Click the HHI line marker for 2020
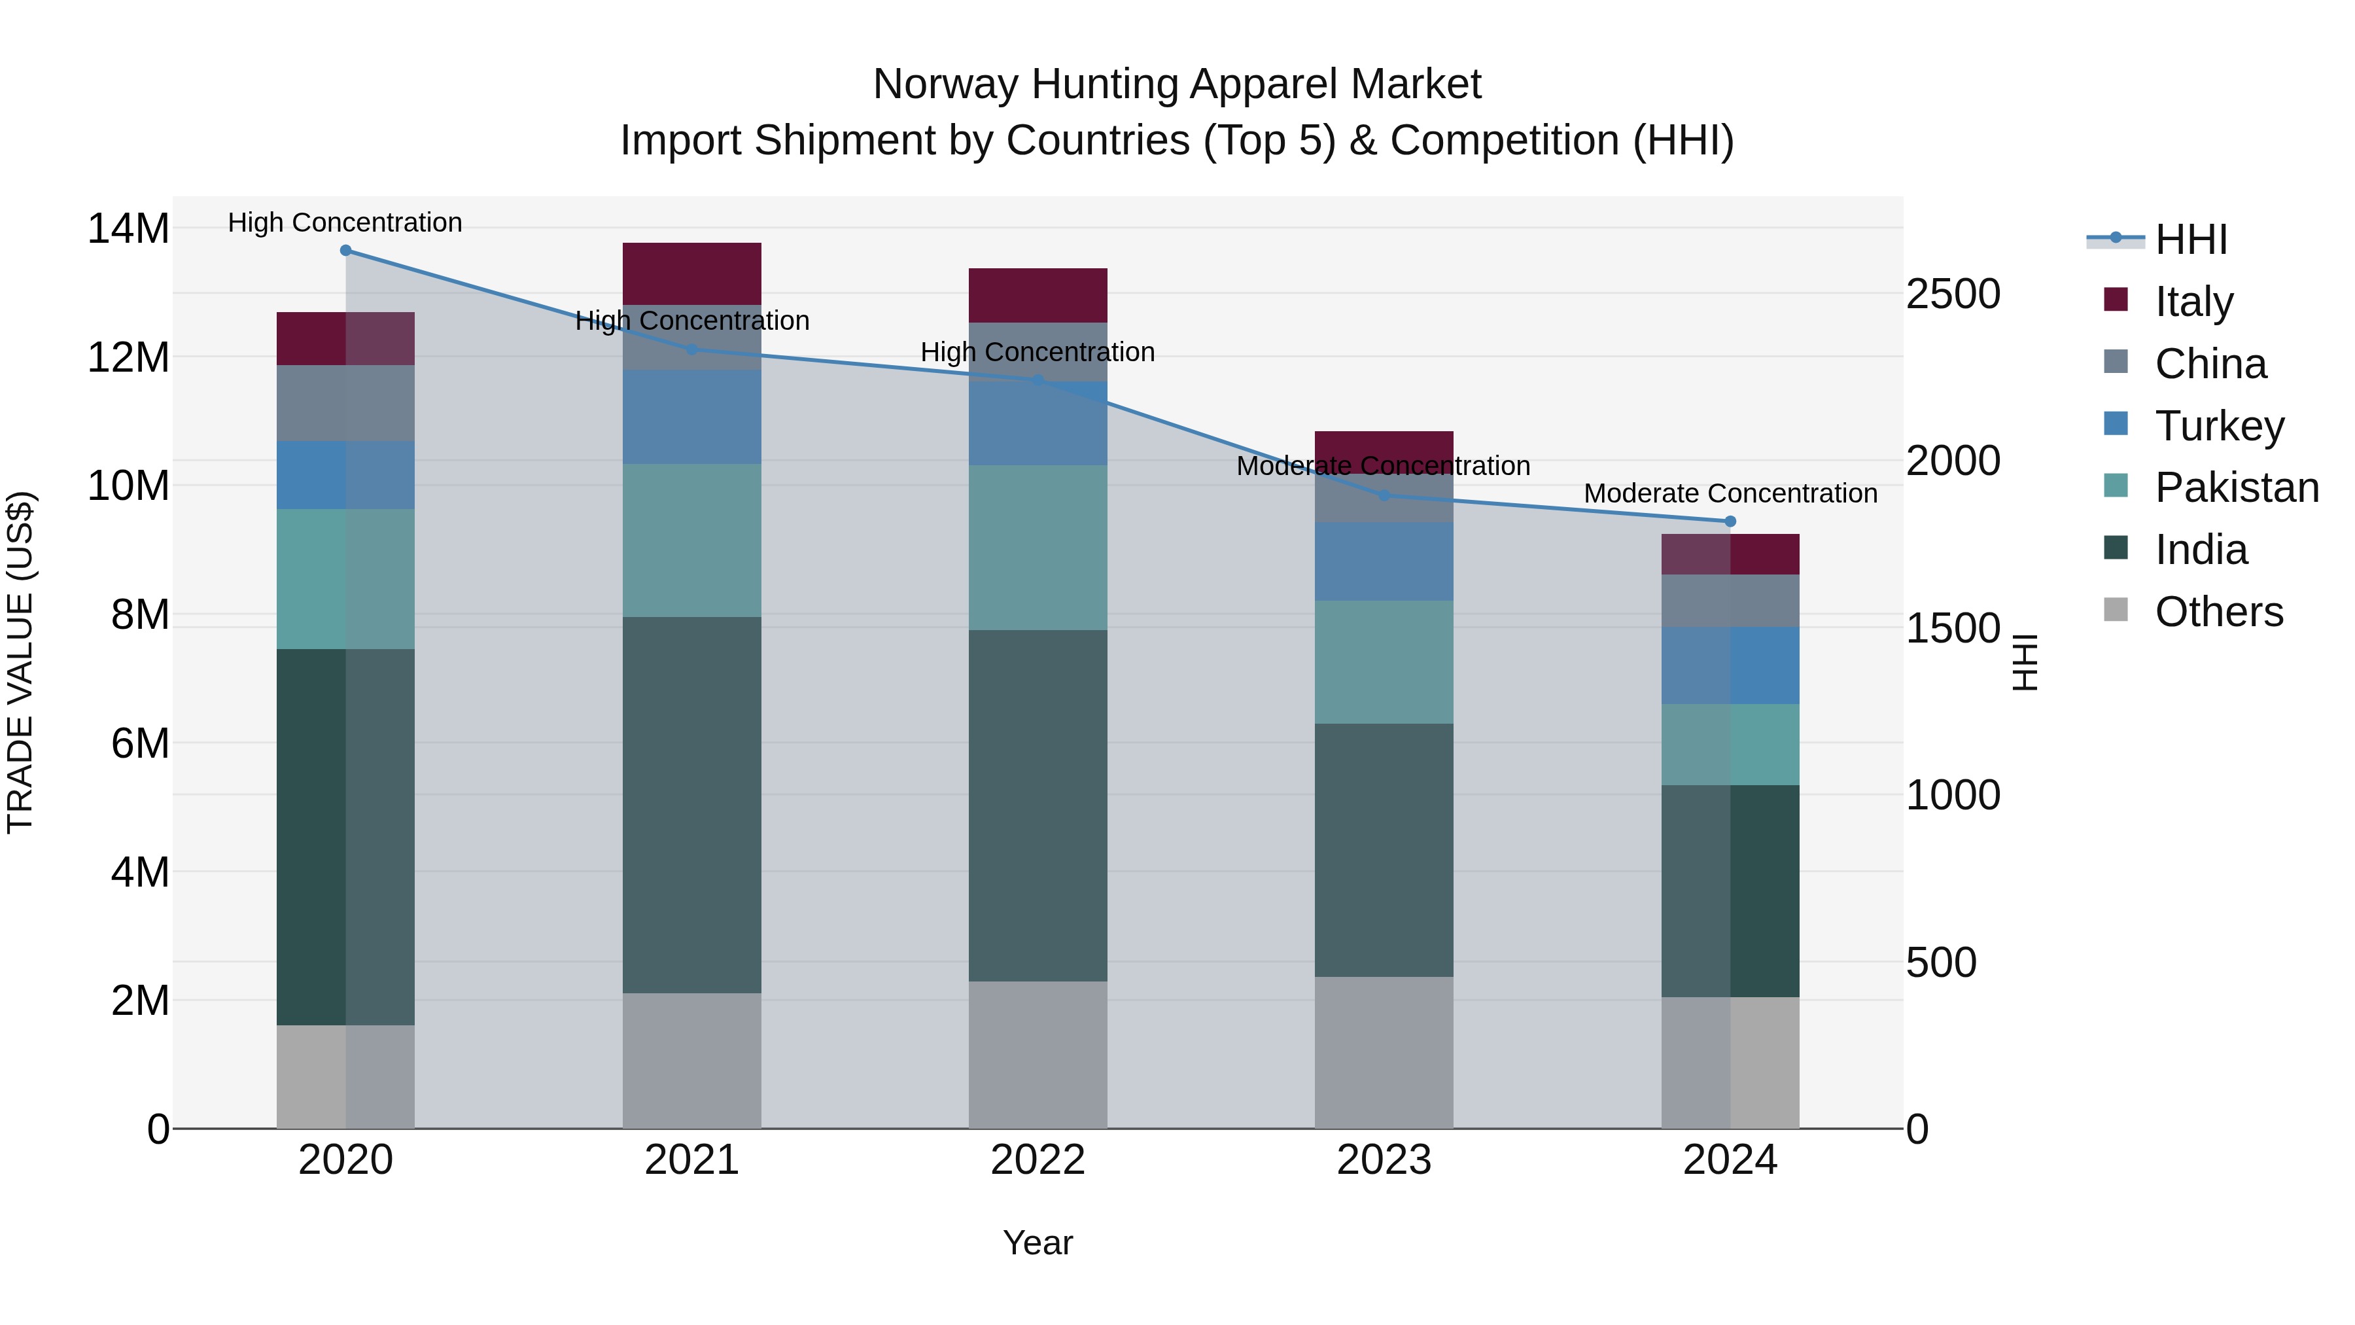click(345, 251)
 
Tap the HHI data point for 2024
click(1730, 521)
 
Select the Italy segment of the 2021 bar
click(692, 274)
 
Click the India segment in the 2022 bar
click(1038, 805)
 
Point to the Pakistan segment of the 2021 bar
click(692, 540)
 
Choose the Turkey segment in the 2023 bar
click(1383, 561)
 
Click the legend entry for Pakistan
click(2236, 487)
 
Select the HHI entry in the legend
click(2190, 239)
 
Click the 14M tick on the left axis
click(128, 228)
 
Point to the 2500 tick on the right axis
click(1953, 294)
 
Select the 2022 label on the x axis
click(1038, 1160)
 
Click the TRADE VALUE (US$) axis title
click(20, 662)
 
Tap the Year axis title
click(1038, 1243)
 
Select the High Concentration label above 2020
click(345, 222)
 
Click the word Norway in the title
click(945, 84)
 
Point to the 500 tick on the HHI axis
click(1940, 962)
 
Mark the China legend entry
click(2210, 364)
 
